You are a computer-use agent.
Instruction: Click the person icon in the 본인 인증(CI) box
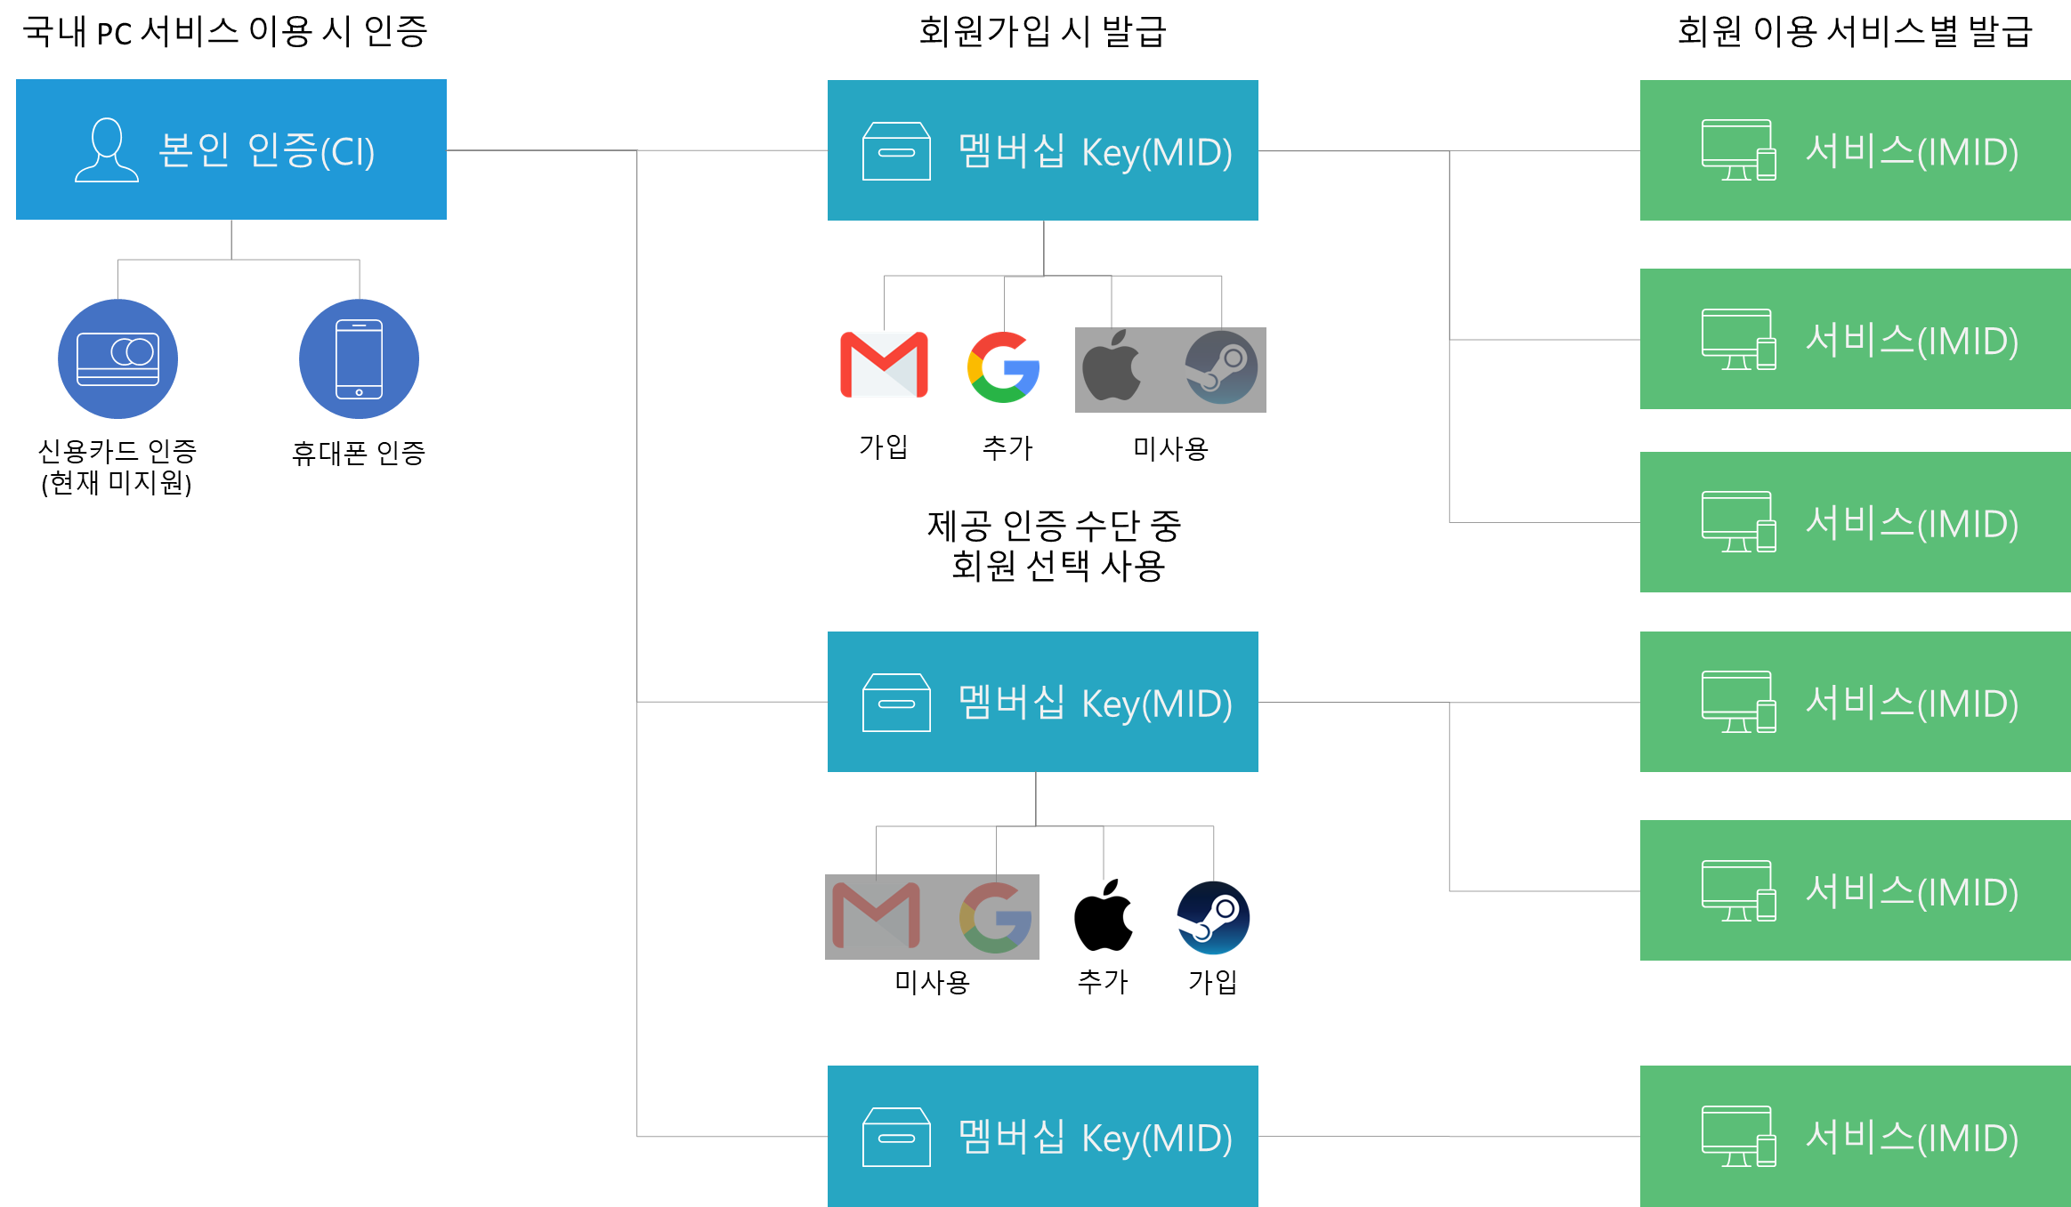tap(107, 150)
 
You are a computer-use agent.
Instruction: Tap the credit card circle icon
tap(118, 358)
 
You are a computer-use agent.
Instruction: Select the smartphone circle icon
tap(359, 358)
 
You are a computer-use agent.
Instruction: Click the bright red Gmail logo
tap(884, 365)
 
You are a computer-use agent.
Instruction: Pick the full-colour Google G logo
tap(1003, 367)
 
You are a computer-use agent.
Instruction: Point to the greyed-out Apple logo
tap(1112, 366)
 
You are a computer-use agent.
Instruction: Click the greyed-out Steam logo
tap(1221, 367)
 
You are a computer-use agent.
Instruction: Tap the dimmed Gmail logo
tap(877, 915)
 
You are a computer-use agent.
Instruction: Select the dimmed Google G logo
tap(996, 917)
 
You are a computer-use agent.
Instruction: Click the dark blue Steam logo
tap(1213, 918)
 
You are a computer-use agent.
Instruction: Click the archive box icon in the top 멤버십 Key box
tap(896, 151)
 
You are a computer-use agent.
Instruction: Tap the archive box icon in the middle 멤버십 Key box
tap(896, 703)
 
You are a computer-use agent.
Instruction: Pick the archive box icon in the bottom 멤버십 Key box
tap(896, 1137)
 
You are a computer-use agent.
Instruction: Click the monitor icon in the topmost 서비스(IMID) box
tap(1738, 150)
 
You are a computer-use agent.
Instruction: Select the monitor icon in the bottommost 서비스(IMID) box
tap(1738, 1136)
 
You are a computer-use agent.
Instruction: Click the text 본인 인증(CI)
tap(266, 150)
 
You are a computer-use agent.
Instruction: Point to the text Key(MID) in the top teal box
tap(1156, 152)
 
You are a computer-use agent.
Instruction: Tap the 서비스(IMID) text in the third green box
tap(1911, 523)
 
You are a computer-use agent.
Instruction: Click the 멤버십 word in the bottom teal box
tap(1011, 1137)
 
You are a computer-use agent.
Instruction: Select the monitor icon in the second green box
tap(1738, 339)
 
